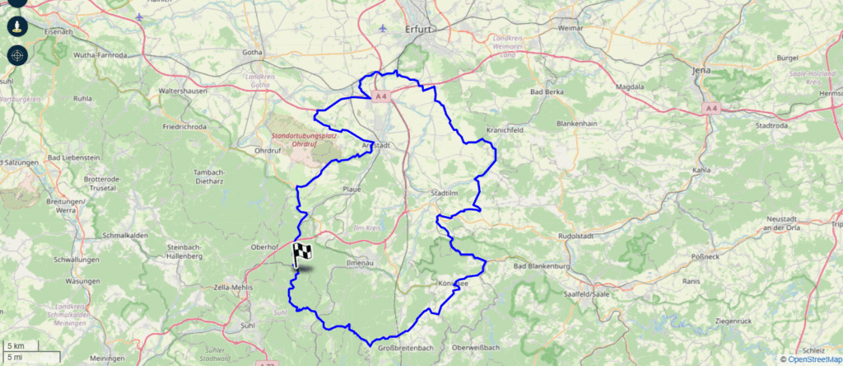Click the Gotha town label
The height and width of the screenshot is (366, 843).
(x=252, y=54)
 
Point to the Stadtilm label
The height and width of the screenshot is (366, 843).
(x=444, y=193)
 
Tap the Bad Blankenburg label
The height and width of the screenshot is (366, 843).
(x=541, y=267)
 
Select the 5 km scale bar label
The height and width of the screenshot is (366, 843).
(x=16, y=345)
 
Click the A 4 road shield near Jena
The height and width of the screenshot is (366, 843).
(x=711, y=108)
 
